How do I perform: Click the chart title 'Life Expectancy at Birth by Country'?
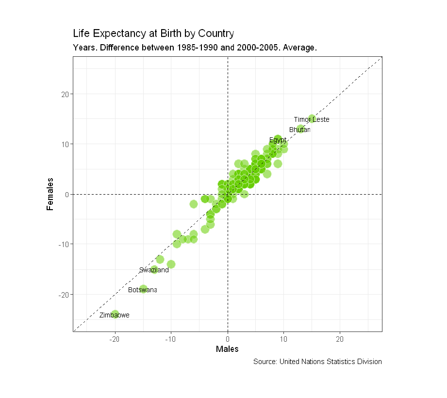(x=153, y=33)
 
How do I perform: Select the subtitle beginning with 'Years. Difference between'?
(x=195, y=48)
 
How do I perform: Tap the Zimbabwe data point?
(x=115, y=315)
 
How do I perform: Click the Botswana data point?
(x=143, y=289)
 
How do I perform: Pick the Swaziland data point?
(x=154, y=269)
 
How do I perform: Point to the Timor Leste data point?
(x=312, y=119)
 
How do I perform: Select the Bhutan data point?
(x=301, y=129)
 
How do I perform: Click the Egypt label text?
(x=278, y=140)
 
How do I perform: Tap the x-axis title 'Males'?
(x=227, y=349)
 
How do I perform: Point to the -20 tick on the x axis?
(x=115, y=338)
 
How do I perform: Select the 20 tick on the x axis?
(x=340, y=338)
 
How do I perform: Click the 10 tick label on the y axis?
(x=65, y=144)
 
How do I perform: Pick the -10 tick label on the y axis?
(x=63, y=244)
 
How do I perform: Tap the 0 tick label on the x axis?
(x=228, y=338)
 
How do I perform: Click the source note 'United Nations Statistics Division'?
(x=317, y=362)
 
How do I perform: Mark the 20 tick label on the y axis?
(x=65, y=94)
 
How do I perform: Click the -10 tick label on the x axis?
(x=171, y=338)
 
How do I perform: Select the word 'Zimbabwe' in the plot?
(x=114, y=315)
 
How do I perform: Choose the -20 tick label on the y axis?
(x=63, y=295)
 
